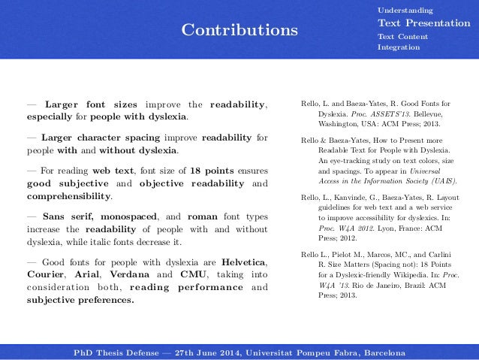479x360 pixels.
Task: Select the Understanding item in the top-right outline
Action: click(x=405, y=11)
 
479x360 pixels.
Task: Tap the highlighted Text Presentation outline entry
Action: click(x=423, y=23)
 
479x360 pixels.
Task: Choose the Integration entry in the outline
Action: click(x=399, y=48)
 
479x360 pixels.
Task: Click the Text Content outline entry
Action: click(x=403, y=37)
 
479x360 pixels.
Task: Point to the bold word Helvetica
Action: click(x=244, y=263)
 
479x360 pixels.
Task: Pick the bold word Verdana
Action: click(x=137, y=276)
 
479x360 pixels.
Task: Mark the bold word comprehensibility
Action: click(x=68, y=197)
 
